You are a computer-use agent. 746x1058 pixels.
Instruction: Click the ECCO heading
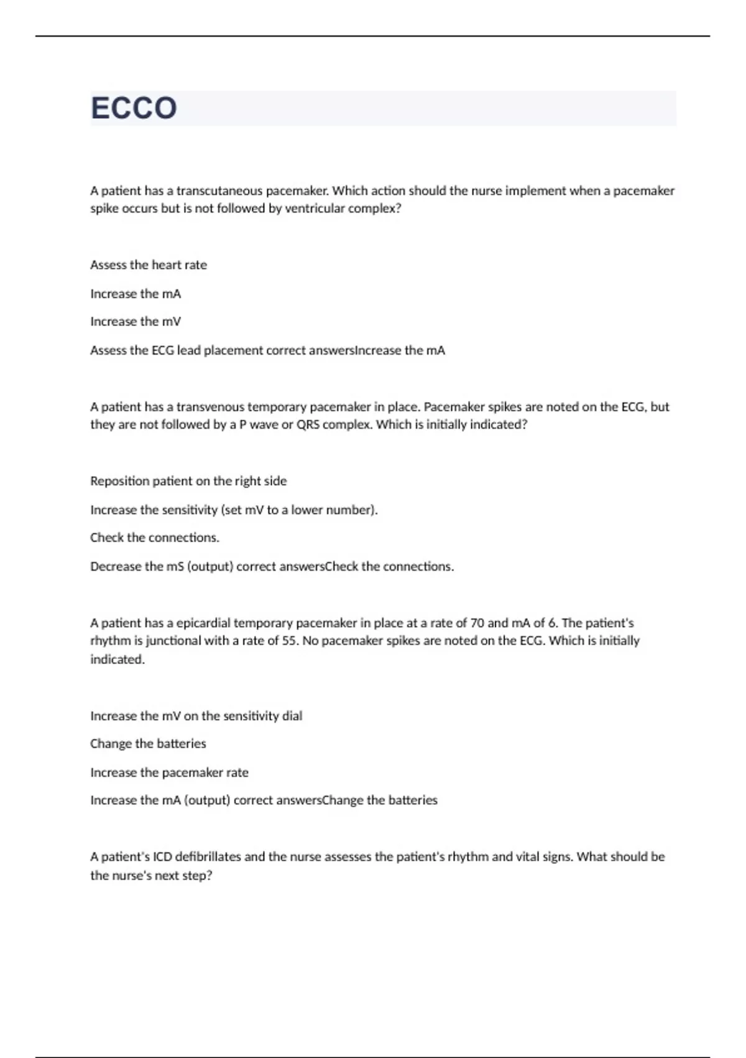134,108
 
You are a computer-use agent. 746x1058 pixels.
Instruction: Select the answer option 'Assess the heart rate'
149,265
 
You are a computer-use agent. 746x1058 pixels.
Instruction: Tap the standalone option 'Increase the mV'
136,322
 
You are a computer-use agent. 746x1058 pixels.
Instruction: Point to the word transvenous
210,407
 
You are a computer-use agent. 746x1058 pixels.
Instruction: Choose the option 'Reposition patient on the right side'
188,481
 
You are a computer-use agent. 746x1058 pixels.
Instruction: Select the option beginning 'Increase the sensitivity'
234,510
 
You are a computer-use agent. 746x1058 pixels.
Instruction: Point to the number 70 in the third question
477,623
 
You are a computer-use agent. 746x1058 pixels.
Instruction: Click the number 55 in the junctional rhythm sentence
289,641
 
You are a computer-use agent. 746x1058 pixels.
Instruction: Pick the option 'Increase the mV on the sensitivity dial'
196,716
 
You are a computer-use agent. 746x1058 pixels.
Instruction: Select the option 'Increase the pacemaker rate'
169,773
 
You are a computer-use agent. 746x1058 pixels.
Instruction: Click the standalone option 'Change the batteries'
148,744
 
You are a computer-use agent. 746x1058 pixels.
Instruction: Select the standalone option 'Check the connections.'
155,538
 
